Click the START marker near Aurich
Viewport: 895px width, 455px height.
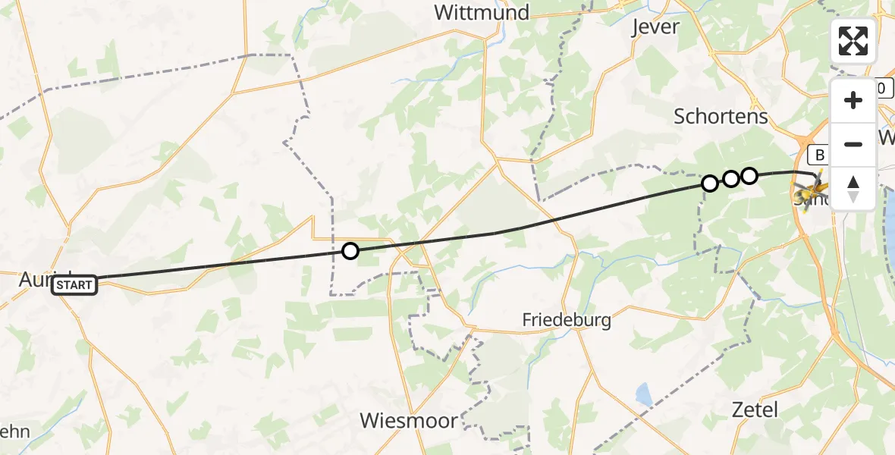click(74, 285)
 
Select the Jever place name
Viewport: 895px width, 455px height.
click(655, 27)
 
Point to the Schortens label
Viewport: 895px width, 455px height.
click(721, 117)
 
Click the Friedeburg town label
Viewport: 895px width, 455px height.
click(567, 320)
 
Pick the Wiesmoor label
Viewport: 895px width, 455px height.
click(409, 420)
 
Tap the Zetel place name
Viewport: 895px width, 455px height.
click(755, 410)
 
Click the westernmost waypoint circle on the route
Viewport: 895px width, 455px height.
click(350, 250)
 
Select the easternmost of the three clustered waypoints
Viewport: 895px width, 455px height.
click(749, 176)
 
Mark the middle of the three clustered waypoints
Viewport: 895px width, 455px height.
click(730, 179)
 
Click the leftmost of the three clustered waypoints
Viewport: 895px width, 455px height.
click(709, 184)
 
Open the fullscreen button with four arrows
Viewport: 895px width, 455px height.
click(853, 41)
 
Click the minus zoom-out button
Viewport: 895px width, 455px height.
click(853, 144)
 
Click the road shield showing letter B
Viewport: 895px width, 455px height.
click(819, 155)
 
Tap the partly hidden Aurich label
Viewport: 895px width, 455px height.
click(35, 278)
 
